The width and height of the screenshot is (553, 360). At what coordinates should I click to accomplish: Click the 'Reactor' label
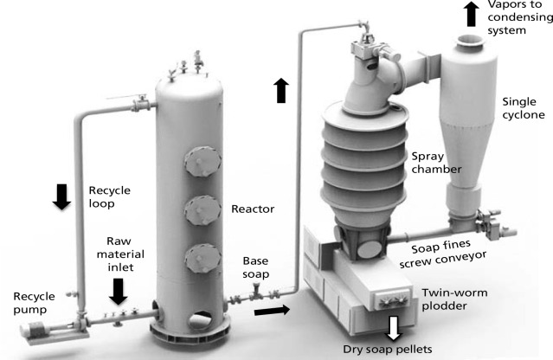click(x=252, y=209)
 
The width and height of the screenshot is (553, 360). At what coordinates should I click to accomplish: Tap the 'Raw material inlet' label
click(x=118, y=254)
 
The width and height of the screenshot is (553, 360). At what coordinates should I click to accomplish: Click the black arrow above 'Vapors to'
click(x=471, y=13)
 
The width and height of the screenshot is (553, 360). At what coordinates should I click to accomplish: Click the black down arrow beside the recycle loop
click(x=61, y=196)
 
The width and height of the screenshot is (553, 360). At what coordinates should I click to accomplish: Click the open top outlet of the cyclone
click(x=473, y=39)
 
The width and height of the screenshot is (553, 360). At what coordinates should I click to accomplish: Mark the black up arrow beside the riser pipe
click(x=280, y=89)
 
